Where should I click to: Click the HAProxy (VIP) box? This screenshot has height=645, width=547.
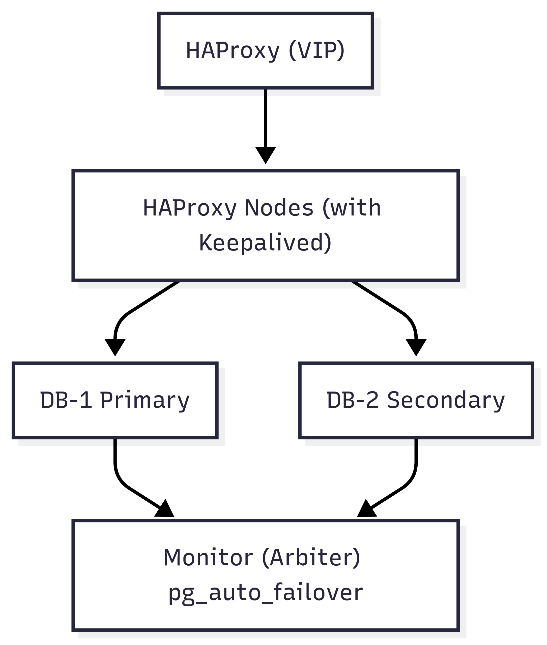pyautogui.click(x=266, y=50)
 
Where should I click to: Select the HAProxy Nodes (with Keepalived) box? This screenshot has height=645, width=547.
pyautogui.click(x=266, y=225)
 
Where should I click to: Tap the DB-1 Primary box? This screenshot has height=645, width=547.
pyautogui.click(x=115, y=400)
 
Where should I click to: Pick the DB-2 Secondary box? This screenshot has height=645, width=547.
pyautogui.click(x=416, y=400)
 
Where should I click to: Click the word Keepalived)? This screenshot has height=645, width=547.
pyautogui.click(x=266, y=243)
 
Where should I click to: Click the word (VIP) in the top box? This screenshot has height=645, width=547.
pyautogui.click(x=316, y=50)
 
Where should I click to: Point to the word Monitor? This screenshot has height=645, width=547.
pyautogui.click(x=208, y=558)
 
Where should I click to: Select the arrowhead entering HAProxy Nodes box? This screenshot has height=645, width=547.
pyautogui.click(x=266, y=155)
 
